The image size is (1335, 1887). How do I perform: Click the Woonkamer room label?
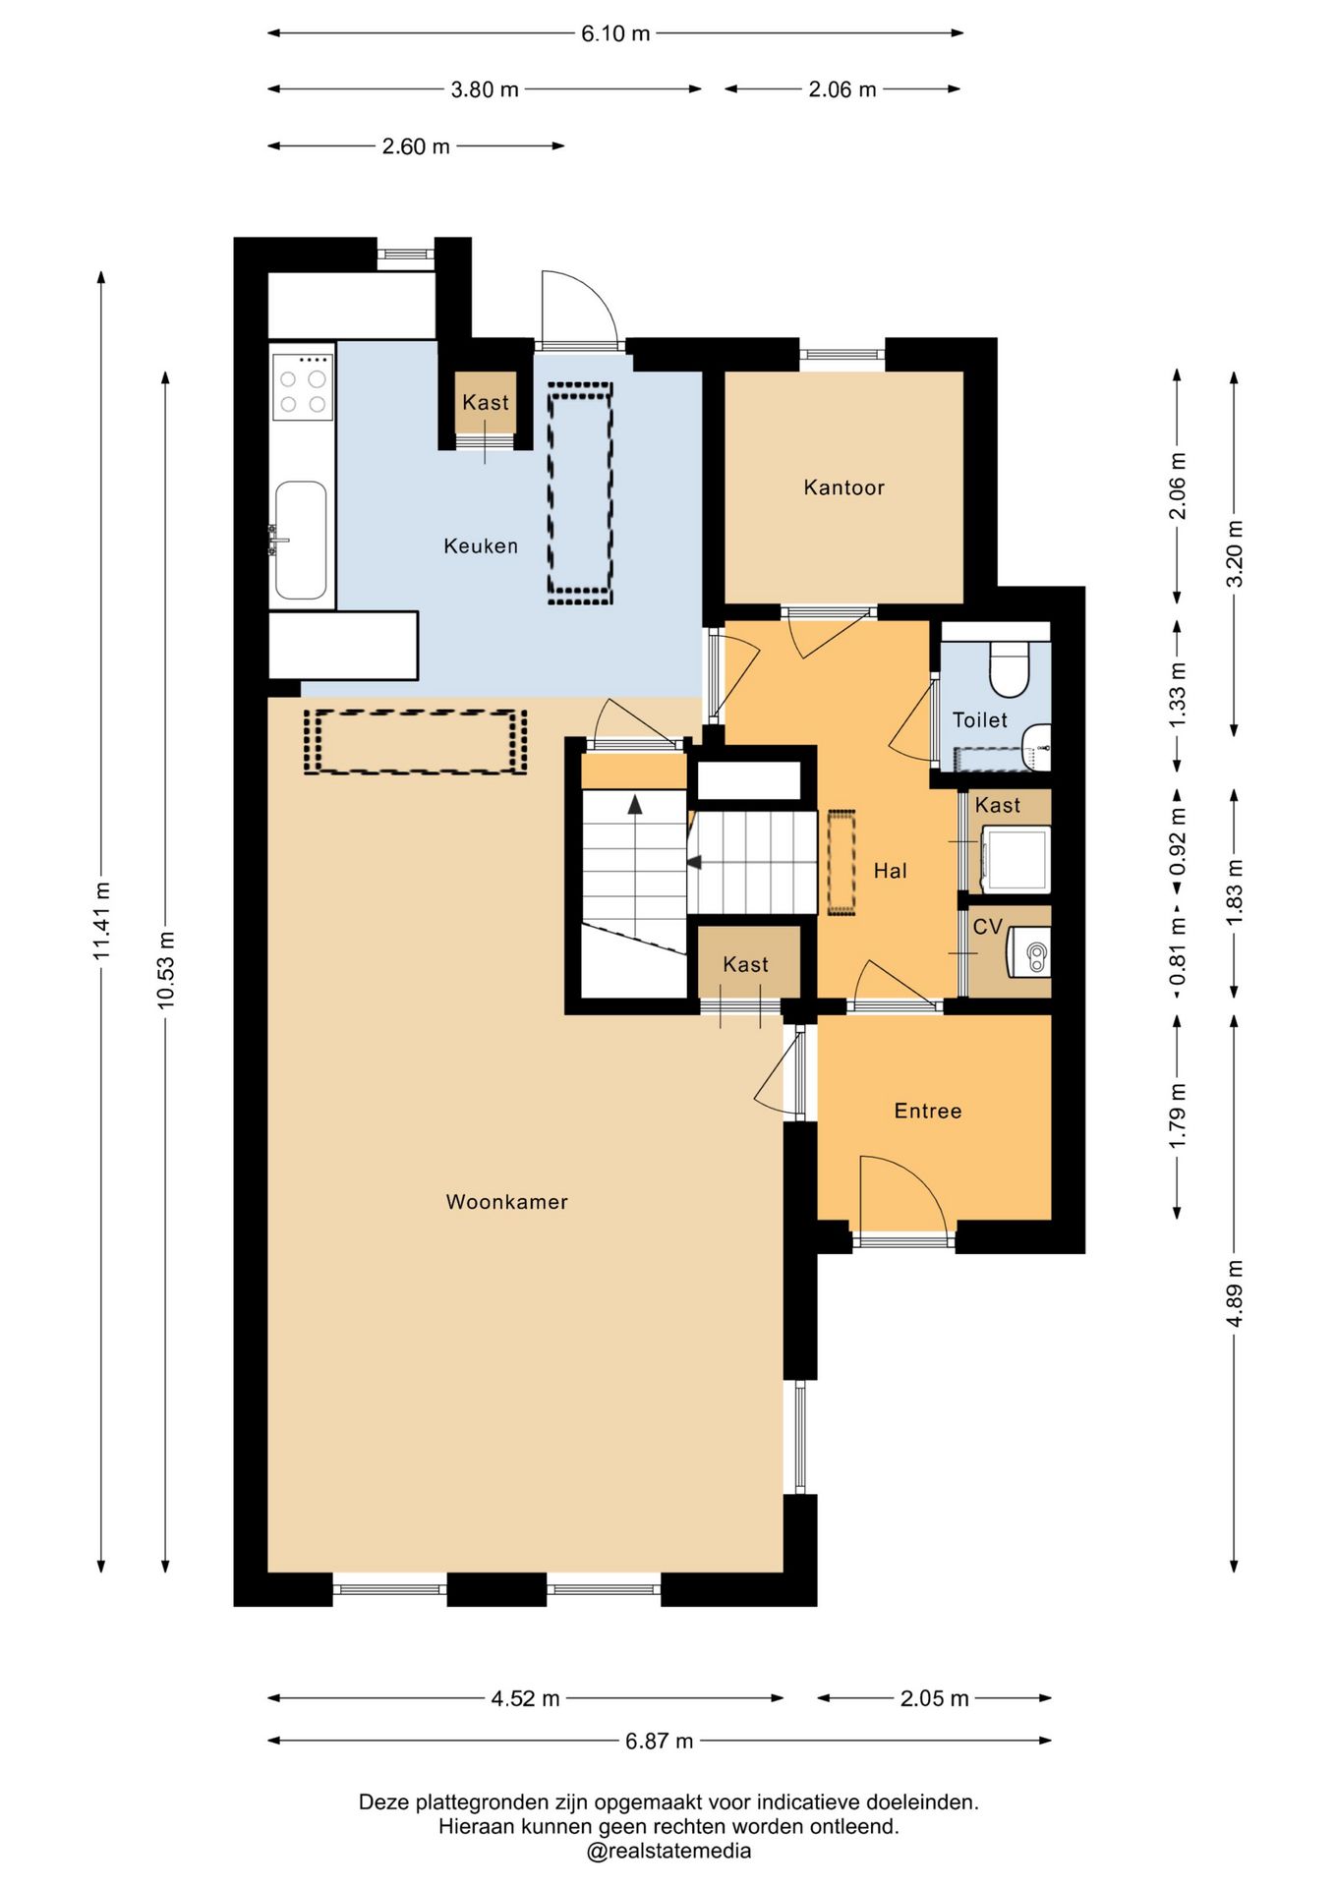point(506,1201)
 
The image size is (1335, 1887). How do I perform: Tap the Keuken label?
point(481,545)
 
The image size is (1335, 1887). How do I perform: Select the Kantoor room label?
point(843,487)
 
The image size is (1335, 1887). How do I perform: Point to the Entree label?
point(927,1111)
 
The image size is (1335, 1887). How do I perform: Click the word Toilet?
point(979,719)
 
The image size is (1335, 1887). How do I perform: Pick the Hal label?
point(890,870)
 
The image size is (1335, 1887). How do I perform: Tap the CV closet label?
point(987,927)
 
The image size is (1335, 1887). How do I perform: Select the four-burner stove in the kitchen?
point(303,386)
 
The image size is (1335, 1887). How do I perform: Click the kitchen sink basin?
point(301,540)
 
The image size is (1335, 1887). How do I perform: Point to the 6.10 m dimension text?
point(615,33)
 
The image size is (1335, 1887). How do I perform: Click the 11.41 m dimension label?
point(101,920)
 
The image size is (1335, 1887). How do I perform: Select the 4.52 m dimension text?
point(525,1698)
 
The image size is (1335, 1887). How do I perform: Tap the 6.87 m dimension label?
point(659,1741)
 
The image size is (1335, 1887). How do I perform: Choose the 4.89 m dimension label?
point(1235,1293)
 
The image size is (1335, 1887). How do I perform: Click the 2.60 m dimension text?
point(416,146)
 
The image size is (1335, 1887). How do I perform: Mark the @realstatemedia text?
point(668,1851)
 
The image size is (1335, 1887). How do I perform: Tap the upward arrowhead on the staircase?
point(635,804)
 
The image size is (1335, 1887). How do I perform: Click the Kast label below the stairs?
point(745,964)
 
